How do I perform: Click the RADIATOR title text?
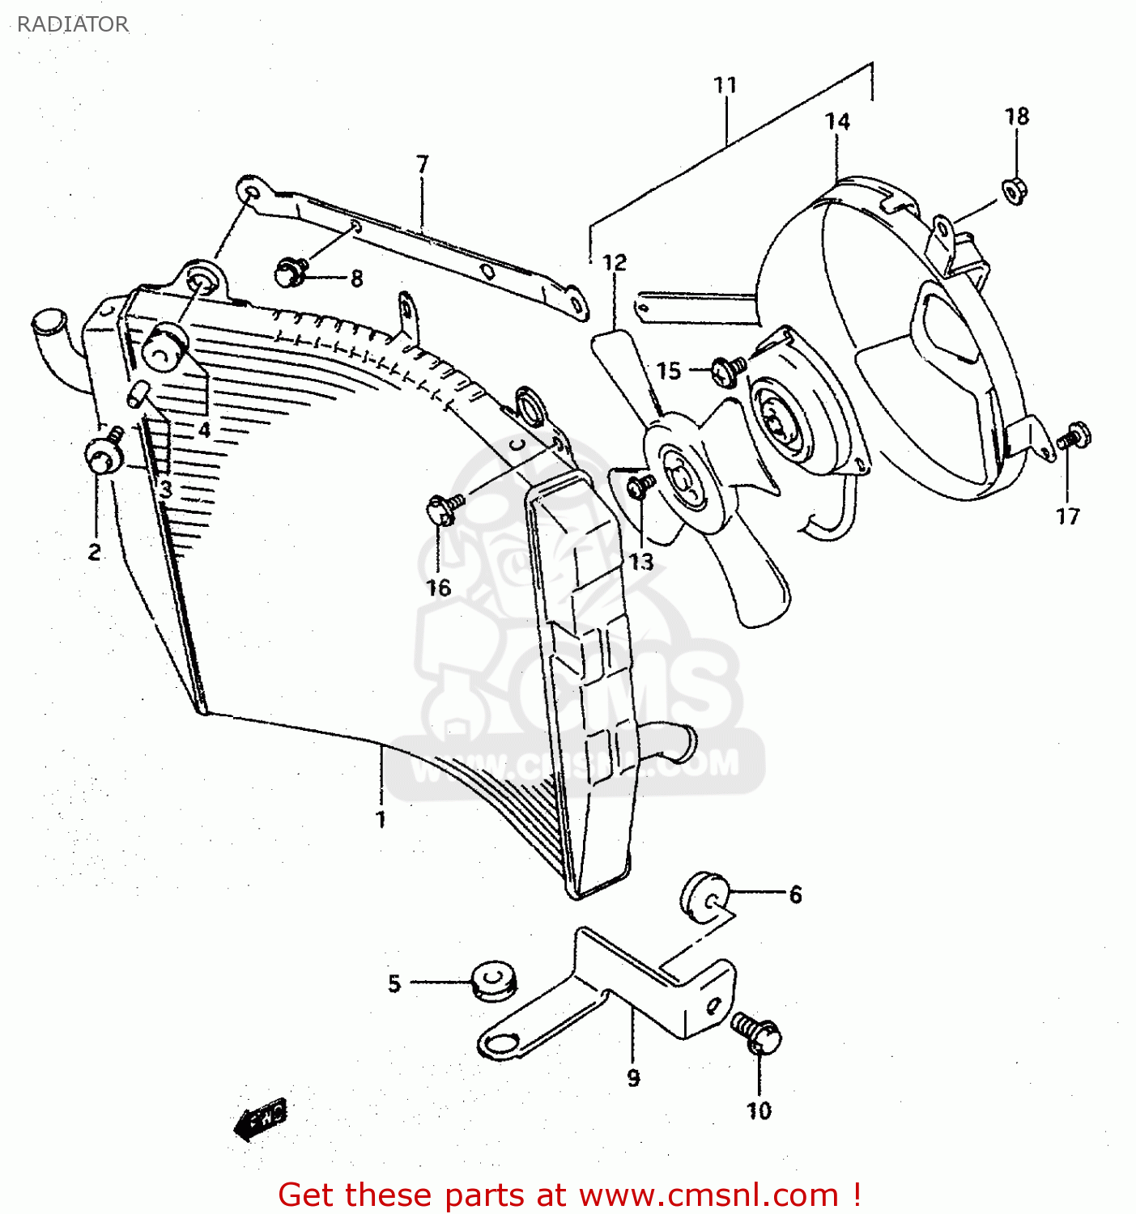73,24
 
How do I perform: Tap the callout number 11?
725,85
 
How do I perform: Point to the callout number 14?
837,121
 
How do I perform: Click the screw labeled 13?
641,486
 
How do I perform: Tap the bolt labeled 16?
443,509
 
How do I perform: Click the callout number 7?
422,164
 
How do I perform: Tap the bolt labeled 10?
759,1034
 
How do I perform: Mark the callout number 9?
633,1077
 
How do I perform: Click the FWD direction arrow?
261,1118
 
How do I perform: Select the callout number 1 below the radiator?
381,819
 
